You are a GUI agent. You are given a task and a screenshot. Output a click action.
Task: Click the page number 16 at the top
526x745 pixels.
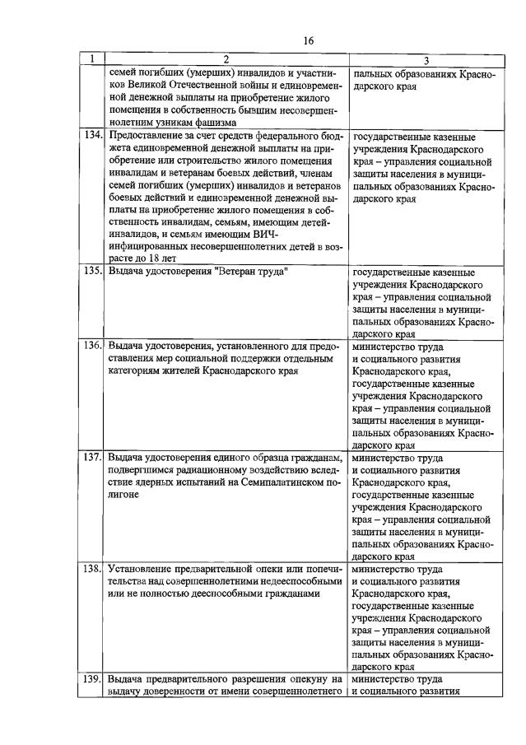click(x=309, y=40)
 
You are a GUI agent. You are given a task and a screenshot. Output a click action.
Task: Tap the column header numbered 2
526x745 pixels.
click(x=226, y=60)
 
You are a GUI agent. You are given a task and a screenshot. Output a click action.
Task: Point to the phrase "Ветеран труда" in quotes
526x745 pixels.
click(x=250, y=271)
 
